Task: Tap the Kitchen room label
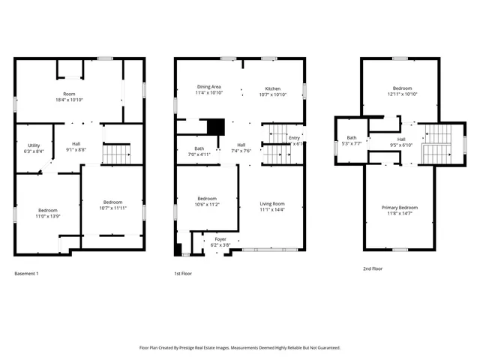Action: (272, 88)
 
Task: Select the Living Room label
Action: (272, 203)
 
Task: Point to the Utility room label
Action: (34, 145)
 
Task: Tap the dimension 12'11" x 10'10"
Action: (402, 94)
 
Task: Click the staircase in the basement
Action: (116, 154)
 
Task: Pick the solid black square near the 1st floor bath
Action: (216, 127)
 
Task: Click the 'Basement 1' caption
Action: (26, 273)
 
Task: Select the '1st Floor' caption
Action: (183, 273)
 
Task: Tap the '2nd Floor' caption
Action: (373, 268)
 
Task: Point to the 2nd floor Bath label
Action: (351, 137)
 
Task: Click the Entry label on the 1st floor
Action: (294, 138)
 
